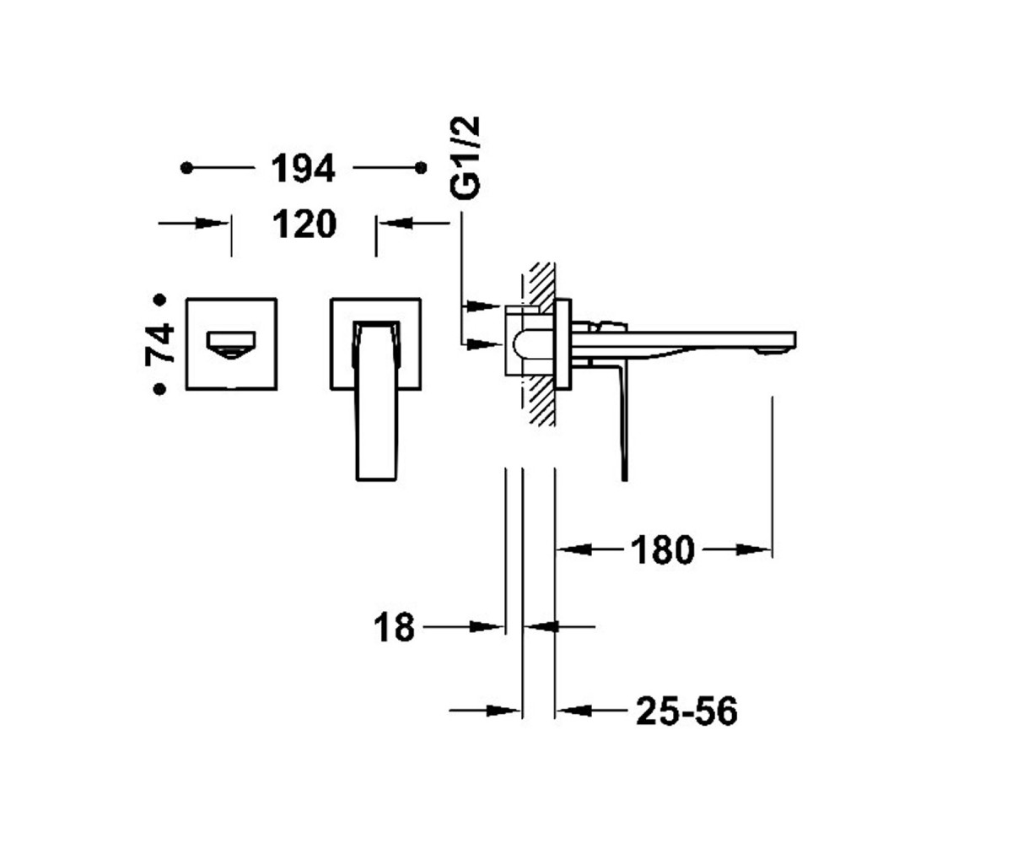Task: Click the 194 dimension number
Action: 303,168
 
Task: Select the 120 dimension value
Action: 304,224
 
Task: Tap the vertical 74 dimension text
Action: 159,344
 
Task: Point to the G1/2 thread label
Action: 465,157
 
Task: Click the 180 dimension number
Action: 663,550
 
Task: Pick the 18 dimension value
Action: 395,627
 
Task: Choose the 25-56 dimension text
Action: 686,711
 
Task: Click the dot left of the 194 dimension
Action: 186,168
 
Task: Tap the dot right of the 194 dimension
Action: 421,168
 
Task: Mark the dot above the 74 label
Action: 159,300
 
